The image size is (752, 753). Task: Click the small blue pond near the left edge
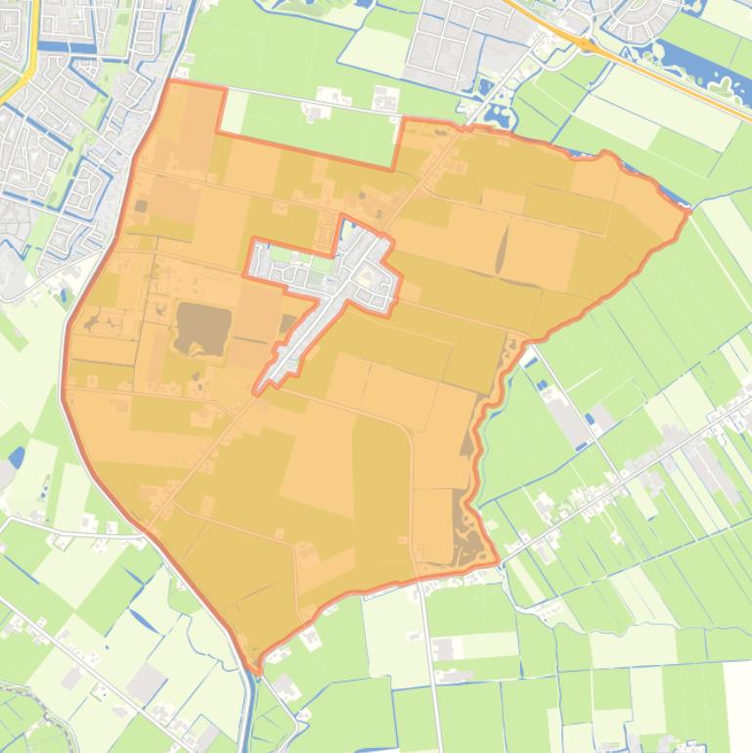17,457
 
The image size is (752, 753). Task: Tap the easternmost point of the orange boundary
688,210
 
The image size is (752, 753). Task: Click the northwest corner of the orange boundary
171,82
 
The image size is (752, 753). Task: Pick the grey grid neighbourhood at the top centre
445,44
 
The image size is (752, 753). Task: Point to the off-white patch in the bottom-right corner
738,704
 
